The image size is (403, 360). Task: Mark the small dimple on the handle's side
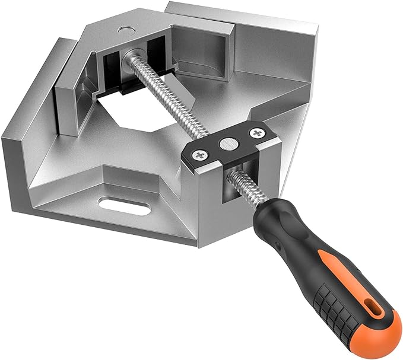[x=274, y=244]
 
